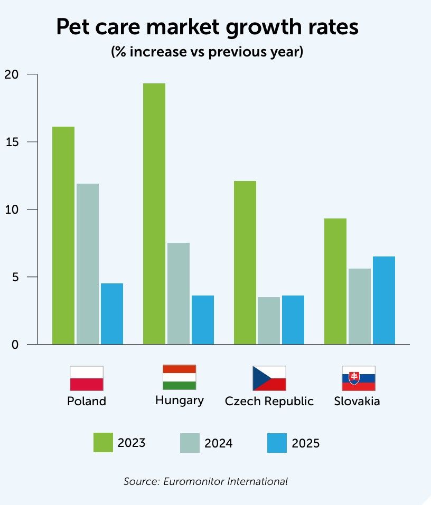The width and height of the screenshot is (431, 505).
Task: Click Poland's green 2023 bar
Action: point(63,235)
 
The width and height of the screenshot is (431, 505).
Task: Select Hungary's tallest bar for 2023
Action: point(154,214)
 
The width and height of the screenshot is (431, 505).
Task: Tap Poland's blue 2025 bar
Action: point(111,314)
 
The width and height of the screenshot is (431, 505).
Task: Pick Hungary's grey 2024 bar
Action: point(178,293)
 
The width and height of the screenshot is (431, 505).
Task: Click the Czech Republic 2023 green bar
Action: point(245,263)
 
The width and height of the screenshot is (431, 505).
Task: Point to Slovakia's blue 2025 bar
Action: point(383,300)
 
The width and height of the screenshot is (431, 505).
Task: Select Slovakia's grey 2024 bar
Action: point(359,307)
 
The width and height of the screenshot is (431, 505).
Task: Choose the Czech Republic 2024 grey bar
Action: point(269,321)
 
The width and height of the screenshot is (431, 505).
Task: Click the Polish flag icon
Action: point(86,378)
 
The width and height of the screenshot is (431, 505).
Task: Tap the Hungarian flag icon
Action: point(179,377)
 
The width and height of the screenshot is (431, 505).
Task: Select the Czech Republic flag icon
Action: point(269,378)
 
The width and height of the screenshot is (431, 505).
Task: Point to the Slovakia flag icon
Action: point(358,378)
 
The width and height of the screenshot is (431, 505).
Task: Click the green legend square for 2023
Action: point(103,443)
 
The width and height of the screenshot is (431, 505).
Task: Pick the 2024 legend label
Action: point(219,443)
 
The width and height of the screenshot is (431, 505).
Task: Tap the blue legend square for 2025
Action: point(277,443)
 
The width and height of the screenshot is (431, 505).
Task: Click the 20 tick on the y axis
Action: point(11,74)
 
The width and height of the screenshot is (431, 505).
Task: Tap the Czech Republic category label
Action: point(269,401)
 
